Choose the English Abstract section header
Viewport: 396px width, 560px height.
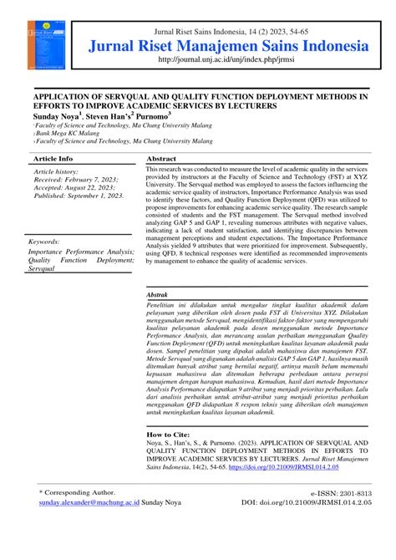click(161, 158)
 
